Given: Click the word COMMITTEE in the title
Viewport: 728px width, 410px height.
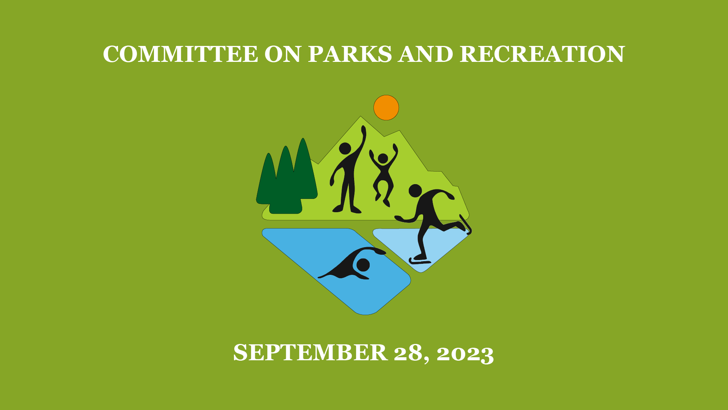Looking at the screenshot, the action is point(180,54).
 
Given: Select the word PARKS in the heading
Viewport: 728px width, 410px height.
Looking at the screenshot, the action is point(350,54).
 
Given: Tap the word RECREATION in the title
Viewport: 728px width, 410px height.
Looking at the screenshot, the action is point(542,54).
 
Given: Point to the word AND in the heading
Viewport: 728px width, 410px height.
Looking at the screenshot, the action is point(426,54).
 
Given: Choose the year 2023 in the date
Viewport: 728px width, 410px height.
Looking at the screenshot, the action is point(465,353).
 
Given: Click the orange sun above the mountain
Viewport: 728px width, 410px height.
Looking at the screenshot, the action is point(386,107).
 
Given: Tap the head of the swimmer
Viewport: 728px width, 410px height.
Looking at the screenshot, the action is point(363,265).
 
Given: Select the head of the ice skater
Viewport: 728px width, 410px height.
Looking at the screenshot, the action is point(415,191).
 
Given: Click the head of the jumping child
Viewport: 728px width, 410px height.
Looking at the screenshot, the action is point(383,158).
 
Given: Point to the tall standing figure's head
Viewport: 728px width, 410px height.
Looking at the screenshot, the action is point(345,148).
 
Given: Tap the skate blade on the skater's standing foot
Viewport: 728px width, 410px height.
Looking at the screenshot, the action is point(420,262).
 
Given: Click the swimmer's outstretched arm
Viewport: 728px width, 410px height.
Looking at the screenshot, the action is point(370,250).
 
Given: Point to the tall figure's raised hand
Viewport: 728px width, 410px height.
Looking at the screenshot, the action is point(363,131).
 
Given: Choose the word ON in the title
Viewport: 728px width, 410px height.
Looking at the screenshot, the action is point(283,54).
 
